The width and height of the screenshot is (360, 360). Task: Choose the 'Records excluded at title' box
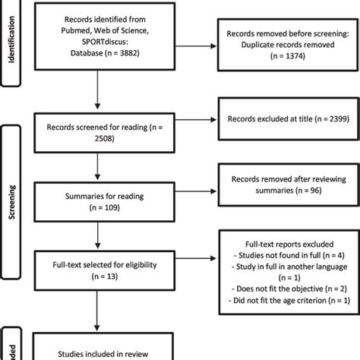[283, 120]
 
